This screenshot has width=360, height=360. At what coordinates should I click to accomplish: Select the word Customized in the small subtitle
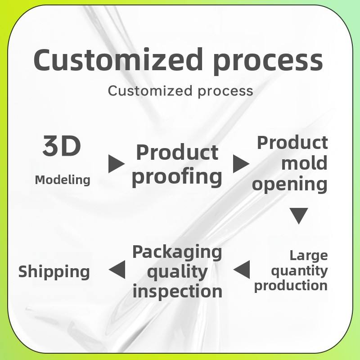144,90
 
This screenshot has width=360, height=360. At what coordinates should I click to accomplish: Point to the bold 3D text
62,146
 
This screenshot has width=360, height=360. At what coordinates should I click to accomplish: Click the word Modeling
63,180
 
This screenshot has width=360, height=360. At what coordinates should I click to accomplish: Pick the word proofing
177,177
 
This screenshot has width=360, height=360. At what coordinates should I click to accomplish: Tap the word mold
304,163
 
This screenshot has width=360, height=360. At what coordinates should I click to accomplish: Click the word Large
308,256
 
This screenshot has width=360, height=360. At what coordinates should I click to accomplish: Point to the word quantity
299,271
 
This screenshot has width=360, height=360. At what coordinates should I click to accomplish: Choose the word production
291,286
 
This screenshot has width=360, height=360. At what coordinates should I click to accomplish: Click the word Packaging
177,252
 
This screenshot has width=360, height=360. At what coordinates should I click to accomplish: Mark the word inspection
177,291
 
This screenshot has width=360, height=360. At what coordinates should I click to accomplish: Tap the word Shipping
54,272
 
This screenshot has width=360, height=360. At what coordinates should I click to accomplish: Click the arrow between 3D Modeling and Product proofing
116,164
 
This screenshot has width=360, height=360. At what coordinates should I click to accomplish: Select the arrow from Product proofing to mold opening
241,164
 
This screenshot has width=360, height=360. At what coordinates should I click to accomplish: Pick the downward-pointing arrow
298,216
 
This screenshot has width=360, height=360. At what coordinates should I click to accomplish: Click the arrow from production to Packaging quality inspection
242,270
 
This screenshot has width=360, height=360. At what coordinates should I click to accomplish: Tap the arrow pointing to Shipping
117,270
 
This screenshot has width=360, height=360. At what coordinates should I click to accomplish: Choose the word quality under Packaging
177,272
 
